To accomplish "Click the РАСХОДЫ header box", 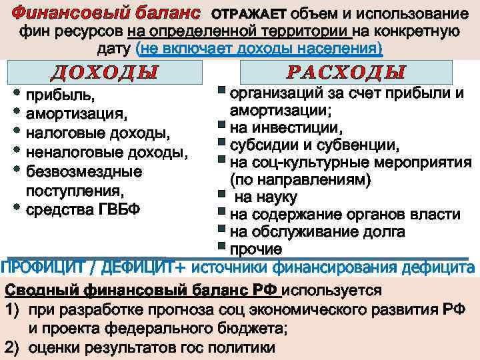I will (346, 72).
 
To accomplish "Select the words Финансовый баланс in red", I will (107, 13).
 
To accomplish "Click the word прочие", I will (256, 249).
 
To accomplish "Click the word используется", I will (334, 291).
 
